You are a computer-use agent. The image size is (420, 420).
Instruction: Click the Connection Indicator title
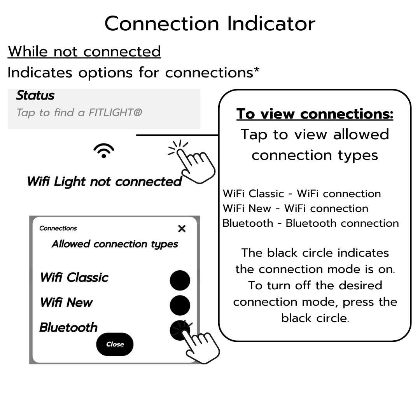coord(210,24)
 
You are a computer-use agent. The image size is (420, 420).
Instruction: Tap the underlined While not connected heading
coord(84,52)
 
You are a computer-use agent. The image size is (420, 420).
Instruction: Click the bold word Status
coord(35,96)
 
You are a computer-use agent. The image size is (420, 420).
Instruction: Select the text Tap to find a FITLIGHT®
coord(79,113)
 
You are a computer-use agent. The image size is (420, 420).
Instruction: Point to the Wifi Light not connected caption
coord(104,182)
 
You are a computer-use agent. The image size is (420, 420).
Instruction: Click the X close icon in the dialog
coord(182,229)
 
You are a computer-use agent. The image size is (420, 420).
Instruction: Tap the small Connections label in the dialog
coord(58,228)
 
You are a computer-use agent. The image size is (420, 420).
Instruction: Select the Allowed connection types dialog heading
coord(115,244)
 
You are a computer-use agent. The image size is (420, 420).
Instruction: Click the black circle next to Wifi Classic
coord(180,280)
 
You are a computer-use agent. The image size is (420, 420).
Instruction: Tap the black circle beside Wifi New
coord(180,305)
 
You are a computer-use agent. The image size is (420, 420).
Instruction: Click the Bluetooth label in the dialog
coord(68,327)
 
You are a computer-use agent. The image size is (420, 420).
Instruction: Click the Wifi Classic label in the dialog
coord(74,278)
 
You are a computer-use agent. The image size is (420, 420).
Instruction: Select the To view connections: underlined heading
coord(315,114)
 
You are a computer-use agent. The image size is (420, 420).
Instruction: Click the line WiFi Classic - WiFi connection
coord(302,194)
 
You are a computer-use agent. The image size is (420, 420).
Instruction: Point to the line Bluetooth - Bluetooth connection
coord(310,223)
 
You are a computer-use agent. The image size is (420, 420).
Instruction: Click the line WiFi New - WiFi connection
coord(295,208)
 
